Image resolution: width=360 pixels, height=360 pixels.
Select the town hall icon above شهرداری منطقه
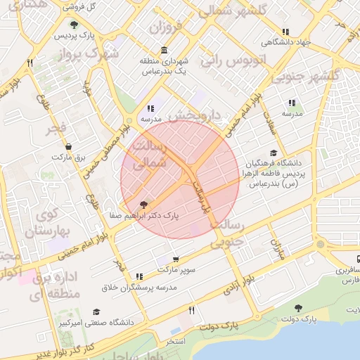164,50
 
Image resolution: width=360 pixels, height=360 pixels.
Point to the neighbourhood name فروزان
167,29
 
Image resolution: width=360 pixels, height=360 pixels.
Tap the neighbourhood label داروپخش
197,115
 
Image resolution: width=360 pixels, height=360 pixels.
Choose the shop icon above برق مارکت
68,146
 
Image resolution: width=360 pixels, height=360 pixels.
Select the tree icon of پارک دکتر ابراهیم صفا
144,205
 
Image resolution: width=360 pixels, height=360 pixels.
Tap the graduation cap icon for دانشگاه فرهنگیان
274,153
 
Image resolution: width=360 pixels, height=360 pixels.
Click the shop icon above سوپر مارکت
175,259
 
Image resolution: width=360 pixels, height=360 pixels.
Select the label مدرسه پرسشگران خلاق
139,287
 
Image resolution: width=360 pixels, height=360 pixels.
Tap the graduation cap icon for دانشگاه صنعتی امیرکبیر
96,311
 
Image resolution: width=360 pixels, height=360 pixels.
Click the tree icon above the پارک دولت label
298,308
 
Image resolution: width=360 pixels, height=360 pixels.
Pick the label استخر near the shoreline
176,341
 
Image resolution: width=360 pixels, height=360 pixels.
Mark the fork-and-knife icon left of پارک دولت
191,310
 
